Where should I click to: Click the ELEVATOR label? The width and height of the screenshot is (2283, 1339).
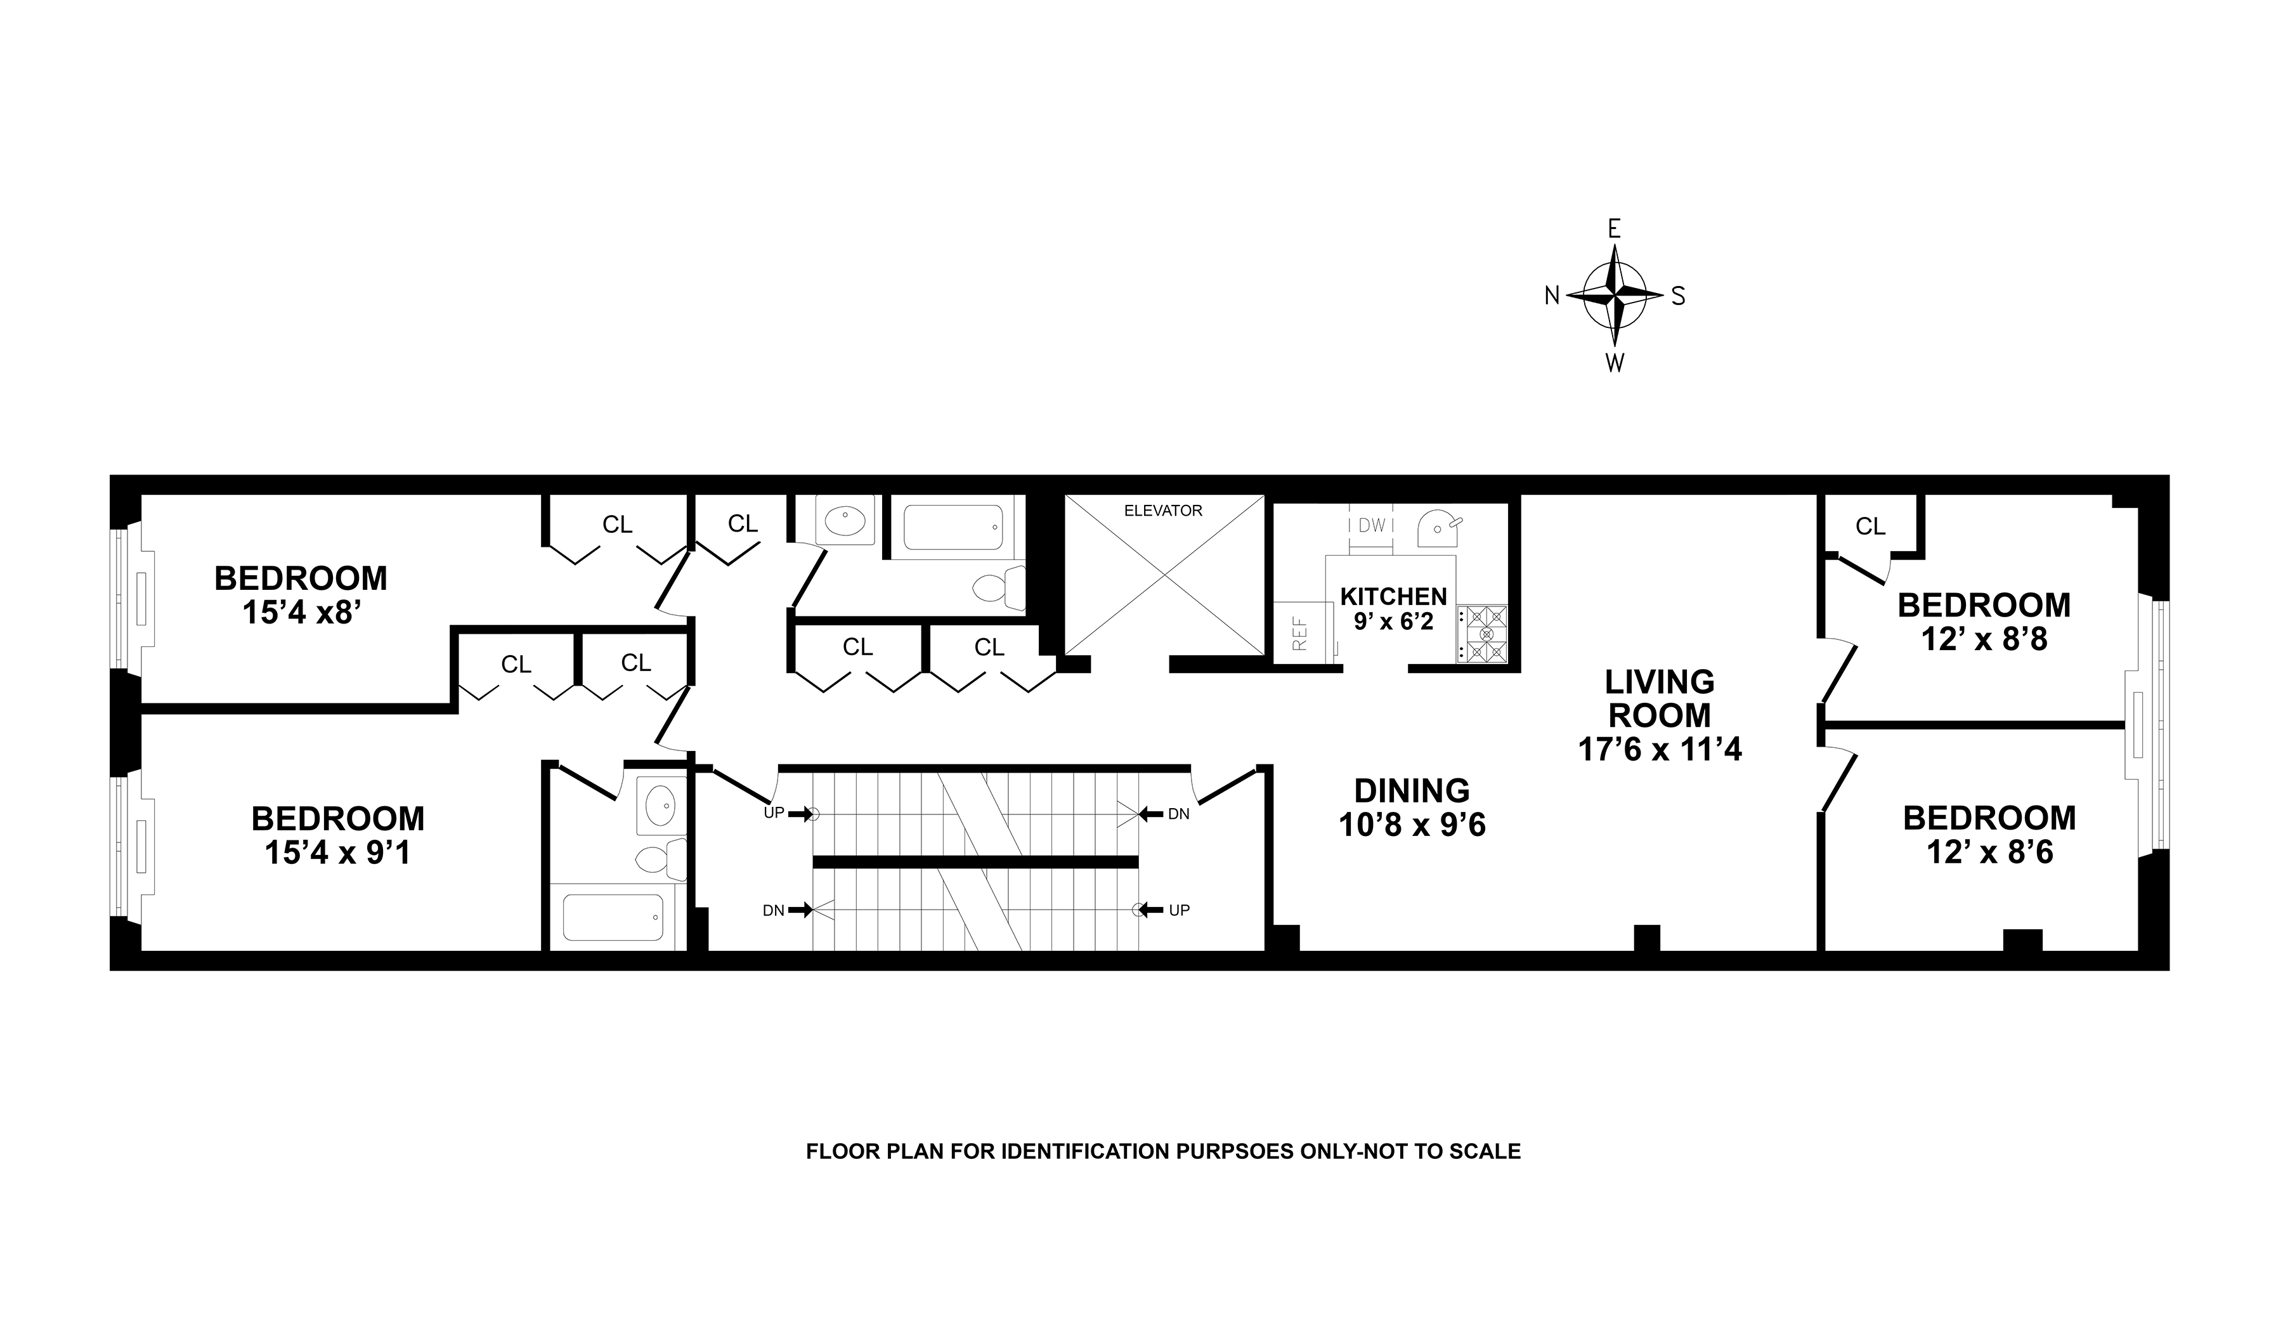pyautogui.click(x=1162, y=511)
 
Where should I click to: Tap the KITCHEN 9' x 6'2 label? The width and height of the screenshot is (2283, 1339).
pyautogui.click(x=1393, y=608)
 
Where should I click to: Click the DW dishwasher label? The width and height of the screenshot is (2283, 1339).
pyautogui.click(x=1372, y=525)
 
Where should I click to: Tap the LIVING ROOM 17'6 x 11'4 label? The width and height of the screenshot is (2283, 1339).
pyautogui.click(x=1660, y=715)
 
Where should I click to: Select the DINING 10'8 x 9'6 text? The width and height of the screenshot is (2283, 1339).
pyautogui.click(x=1412, y=807)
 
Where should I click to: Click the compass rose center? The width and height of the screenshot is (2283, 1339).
pyautogui.click(x=1615, y=296)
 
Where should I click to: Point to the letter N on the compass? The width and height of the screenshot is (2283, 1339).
pyautogui.click(x=1552, y=296)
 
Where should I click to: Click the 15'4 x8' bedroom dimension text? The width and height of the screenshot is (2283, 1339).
pyautogui.click(x=302, y=613)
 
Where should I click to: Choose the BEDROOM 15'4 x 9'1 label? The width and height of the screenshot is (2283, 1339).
pyautogui.click(x=338, y=835)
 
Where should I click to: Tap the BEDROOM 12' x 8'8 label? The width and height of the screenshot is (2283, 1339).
pyautogui.click(x=1984, y=622)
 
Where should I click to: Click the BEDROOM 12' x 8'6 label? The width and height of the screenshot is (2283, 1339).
pyautogui.click(x=1989, y=834)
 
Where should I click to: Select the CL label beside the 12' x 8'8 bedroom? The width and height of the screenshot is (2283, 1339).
pyautogui.click(x=1870, y=526)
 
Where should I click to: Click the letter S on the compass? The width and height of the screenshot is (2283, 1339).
pyautogui.click(x=1678, y=296)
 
